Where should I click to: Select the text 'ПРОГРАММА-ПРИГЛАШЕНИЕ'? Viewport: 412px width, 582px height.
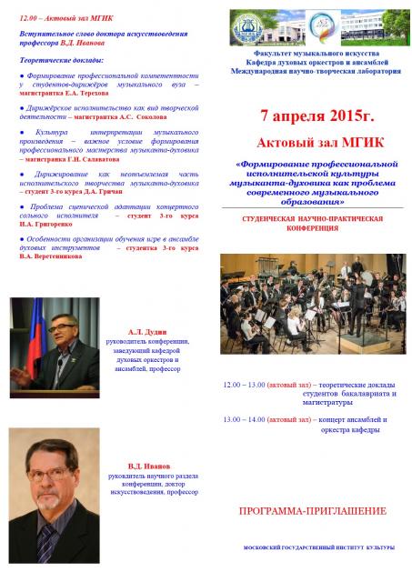(311, 512)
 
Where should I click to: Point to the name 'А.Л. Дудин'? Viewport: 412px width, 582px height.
(147, 333)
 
